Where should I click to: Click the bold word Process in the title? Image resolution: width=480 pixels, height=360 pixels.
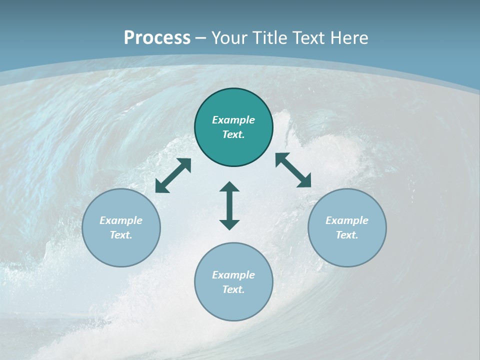pos(157,38)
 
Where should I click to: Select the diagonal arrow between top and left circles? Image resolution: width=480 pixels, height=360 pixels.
pos(173,175)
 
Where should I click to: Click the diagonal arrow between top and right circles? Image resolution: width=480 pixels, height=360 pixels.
pos(293,170)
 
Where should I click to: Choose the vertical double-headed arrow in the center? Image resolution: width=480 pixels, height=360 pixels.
pos(229,205)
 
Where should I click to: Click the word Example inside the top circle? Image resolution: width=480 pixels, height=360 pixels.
pos(233,120)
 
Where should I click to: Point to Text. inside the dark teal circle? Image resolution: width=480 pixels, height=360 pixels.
pos(233,134)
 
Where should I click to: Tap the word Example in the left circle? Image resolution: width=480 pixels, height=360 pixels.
pos(121,220)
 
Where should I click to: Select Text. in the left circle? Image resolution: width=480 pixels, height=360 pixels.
pos(121,235)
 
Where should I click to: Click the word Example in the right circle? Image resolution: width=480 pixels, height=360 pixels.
pos(347,220)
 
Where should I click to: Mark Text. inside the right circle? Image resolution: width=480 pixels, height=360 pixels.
pos(347,235)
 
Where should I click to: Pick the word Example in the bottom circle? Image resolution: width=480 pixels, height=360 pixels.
pos(233,275)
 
